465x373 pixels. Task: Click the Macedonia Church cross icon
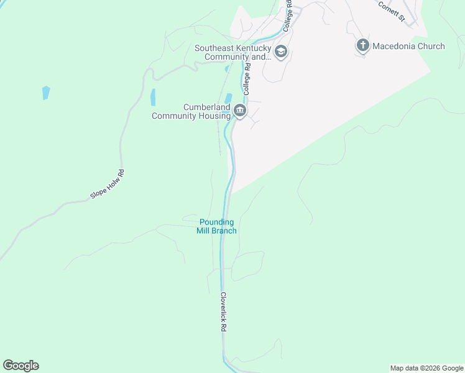pyautogui.click(x=363, y=45)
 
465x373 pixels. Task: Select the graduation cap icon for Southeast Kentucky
pyautogui.click(x=281, y=52)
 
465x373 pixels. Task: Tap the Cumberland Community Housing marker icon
pyautogui.click(x=240, y=111)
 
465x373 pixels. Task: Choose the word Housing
pyautogui.click(x=214, y=116)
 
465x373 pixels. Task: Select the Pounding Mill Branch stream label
pyautogui.click(x=217, y=226)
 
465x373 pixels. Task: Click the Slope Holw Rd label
pyautogui.click(x=108, y=184)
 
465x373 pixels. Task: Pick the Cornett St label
pyautogui.click(x=392, y=10)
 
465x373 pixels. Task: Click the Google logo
pyautogui.click(x=21, y=366)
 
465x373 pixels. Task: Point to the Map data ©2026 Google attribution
pyautogui.click(x=426, y=368)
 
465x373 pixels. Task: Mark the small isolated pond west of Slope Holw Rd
pyautogui.click(x=45, y=93)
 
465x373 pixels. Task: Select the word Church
pyautogui.click(x=431, y=46)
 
